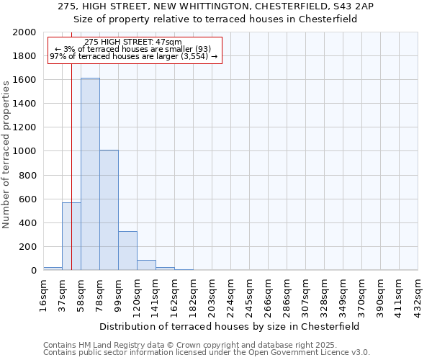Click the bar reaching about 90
click(146, 265)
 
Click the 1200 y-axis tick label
click(25, 127)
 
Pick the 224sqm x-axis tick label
click(230, 294)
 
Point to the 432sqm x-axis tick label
click(418, 294)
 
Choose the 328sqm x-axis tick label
click(324, 294)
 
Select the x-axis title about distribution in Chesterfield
click(230, 326)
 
